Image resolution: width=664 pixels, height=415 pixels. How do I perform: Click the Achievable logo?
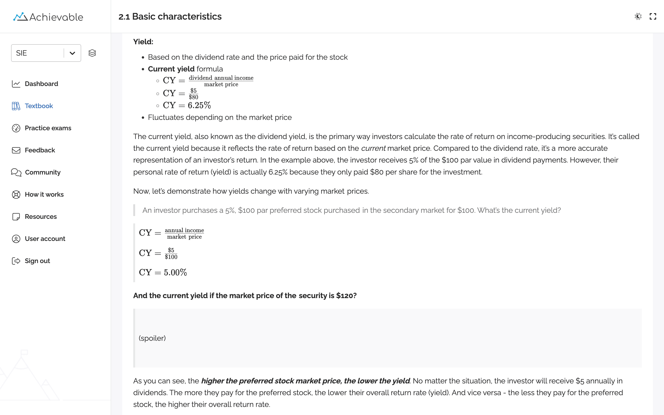click(48, 17)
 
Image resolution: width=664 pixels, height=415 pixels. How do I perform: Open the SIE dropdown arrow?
click(72, 53)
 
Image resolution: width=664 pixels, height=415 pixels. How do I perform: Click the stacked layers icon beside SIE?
click(92, 53)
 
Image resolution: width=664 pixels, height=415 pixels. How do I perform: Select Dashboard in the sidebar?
click(41, 84)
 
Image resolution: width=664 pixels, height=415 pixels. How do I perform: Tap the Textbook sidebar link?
click(39, 106)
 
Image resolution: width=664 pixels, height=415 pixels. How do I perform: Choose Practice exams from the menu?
click(48, 128)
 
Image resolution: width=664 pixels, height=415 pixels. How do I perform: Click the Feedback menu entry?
click(40, 150)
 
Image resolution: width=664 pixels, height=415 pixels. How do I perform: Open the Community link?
click(42, 172)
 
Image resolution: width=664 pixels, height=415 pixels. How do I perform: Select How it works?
click(44, 195)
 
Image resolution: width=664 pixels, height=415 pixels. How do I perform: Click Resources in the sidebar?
click(41, 216)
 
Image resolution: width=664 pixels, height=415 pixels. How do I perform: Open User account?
click(45, 239)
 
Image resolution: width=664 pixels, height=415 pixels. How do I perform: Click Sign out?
click(37, 261)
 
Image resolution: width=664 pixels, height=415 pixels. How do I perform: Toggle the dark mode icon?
click(638, 16)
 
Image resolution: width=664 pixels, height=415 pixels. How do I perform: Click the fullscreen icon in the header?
click(653, 16)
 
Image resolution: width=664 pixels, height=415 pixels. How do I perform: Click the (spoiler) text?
click(152, 338)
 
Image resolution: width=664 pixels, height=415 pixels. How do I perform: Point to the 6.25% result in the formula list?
click(199, 105)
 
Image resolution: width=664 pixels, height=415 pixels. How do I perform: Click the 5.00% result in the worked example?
click(175, 273)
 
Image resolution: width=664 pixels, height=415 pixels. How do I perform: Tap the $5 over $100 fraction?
click(171, 253)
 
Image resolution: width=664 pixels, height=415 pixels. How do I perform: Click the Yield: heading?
click(143, 42)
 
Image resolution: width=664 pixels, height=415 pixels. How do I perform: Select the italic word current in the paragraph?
click(373, 148)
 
